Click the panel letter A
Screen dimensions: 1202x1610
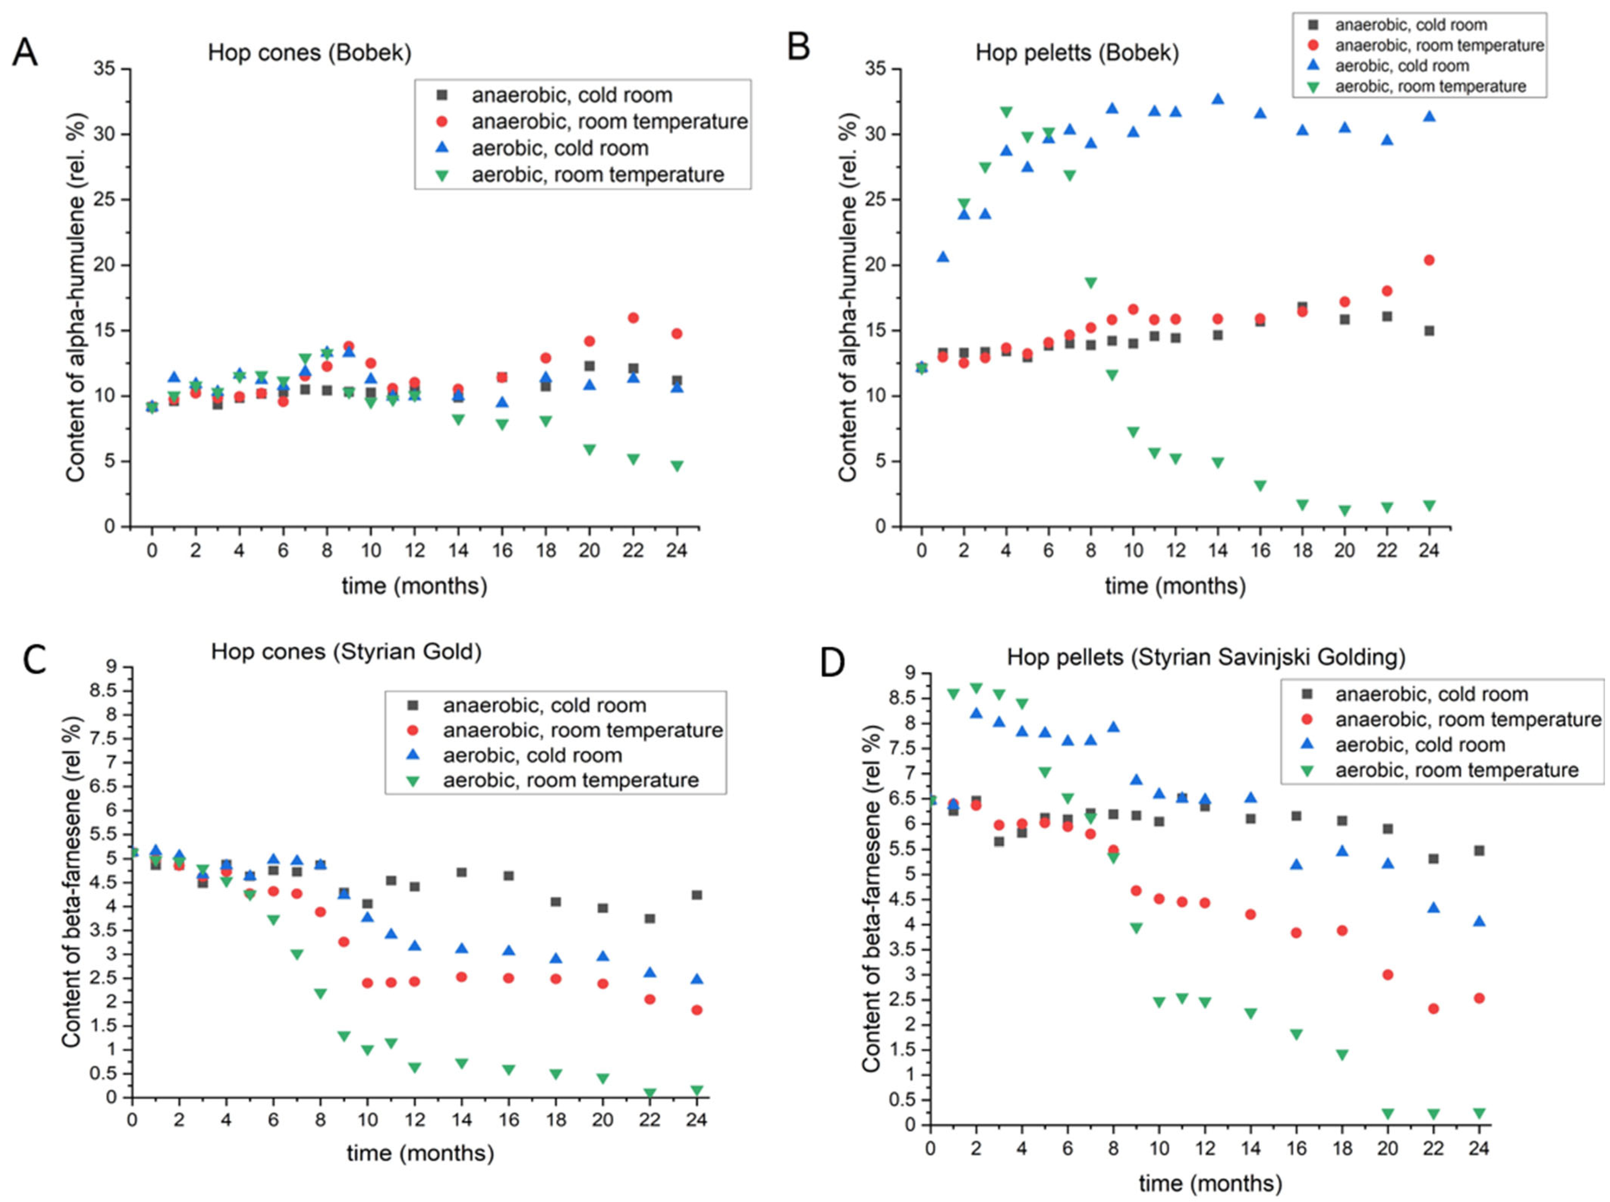point(25,53)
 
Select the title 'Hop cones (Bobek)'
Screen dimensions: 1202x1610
point(309,53)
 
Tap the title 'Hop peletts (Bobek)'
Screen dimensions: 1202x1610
point(1077,53)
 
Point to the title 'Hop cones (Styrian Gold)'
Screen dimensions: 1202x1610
point(346,651)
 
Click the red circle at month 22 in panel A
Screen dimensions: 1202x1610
point(633,318)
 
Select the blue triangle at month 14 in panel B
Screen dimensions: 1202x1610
point(1218,99)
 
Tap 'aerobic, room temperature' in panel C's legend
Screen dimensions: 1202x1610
point(571,780)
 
